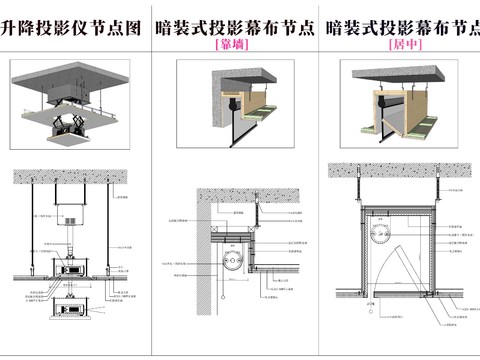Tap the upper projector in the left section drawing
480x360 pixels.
[x=72, y=268]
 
